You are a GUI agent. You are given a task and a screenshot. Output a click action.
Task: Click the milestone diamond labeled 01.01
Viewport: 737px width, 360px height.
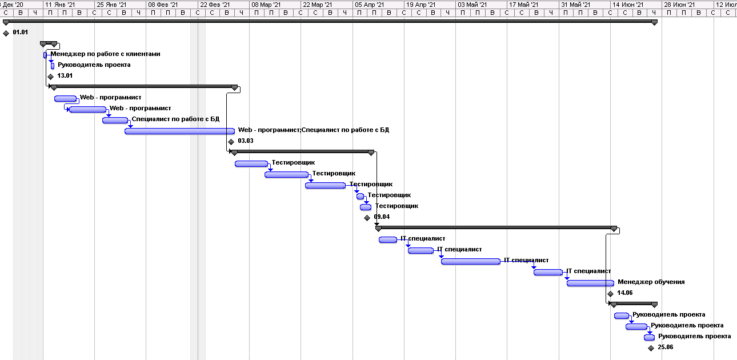pos(6,33)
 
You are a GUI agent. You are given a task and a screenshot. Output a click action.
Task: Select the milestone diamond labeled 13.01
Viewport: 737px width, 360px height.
pos(50,77)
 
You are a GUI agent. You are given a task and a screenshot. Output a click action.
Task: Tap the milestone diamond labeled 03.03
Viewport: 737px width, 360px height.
pos(231,142)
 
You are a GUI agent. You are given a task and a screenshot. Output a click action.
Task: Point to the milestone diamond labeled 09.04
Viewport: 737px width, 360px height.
pos(367,218)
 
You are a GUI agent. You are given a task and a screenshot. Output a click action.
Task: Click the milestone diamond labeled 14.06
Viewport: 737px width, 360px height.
pos(610,294)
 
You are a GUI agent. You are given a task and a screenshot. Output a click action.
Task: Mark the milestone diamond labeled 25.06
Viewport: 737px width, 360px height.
pos(651,348)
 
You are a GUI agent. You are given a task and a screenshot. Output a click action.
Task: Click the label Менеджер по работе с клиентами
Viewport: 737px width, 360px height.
pos(105,54)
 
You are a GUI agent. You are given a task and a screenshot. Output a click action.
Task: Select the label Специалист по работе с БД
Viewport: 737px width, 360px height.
pos(175,119)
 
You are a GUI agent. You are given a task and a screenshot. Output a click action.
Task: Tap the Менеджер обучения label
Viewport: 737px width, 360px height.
pos(651,282)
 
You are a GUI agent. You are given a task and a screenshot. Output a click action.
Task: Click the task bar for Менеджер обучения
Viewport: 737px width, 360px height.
pos(590,283)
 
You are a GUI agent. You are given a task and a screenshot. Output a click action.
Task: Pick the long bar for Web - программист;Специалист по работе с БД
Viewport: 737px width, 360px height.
pos(179,131)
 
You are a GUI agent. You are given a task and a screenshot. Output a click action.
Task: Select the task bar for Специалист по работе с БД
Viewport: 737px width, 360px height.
pos(115,120)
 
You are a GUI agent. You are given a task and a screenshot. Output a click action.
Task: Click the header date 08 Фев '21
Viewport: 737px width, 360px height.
pos(163,5)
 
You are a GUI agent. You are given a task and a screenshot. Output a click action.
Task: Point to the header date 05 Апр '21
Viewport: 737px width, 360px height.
pos(370,5)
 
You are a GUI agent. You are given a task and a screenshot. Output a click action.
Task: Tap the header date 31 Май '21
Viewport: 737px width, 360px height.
pos(576,5)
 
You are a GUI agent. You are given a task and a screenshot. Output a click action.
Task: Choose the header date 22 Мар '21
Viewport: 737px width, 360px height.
pos(318,5)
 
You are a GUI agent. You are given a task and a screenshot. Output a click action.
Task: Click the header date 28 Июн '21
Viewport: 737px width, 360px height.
pos(679,5)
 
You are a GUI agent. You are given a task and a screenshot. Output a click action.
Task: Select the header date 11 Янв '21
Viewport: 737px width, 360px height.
pos(60,5)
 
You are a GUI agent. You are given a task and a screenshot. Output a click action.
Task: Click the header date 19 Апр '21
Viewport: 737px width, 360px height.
pos(421,5)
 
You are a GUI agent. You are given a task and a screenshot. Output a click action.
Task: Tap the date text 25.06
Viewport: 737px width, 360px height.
pos(665,347)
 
